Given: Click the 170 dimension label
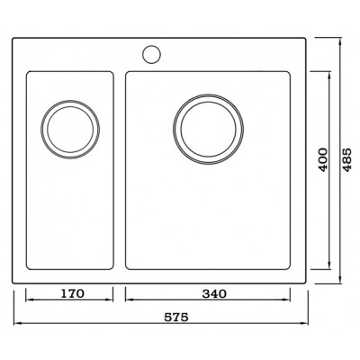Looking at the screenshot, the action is point(73,293).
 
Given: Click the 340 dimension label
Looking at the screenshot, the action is point(214,293).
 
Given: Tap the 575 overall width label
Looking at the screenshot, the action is point(176,317).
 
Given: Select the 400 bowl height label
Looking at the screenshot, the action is point(323,159).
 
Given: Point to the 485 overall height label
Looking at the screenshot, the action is point(346,159).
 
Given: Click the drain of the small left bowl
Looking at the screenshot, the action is point(70,130).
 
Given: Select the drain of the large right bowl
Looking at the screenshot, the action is point(209,130).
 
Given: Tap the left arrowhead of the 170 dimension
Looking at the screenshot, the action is point(29,300).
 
